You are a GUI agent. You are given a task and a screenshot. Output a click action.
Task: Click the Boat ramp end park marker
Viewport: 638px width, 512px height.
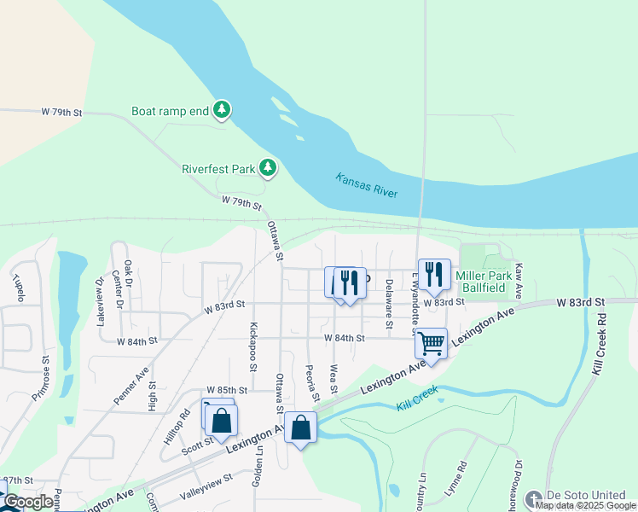point(222,110)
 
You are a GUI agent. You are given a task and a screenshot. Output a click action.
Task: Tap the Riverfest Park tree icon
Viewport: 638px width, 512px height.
point(268,168)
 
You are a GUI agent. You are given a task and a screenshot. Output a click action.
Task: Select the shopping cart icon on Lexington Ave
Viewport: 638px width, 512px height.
point(432,343)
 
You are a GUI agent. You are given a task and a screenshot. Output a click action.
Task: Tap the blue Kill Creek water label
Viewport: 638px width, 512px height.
point(417,397)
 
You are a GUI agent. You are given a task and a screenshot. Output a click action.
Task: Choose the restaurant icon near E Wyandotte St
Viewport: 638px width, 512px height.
point(434,275)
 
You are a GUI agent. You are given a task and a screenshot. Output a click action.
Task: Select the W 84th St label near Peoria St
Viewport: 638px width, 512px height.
point(344,339)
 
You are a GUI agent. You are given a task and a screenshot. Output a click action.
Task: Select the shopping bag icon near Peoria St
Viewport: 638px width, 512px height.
point(301,428)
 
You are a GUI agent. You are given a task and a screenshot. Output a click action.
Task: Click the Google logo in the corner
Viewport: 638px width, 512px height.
point(27,502)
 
